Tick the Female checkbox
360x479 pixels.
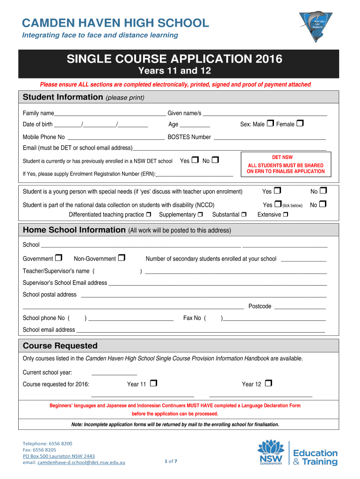coord(300,123)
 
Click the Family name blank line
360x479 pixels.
coord(110,114)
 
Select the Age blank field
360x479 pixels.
coord(194,125)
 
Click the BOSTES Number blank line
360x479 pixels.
coord(269,138)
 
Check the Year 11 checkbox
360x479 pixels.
coord(153,384)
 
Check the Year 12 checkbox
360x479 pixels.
coord(268,384)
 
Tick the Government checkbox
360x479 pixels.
coord(58,258)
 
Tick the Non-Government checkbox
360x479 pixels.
coord(122,258)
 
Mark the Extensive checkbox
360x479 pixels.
coord(286,214)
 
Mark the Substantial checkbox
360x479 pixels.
coord(244,214)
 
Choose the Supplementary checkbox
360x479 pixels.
coord(200,214)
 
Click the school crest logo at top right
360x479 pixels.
coord(316,26)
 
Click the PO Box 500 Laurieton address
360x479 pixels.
coord(59,456)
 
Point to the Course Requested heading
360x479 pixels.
coord(60,346)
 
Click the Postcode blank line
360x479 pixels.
coord(300,307)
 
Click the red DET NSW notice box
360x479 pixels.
coord(286,165)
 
